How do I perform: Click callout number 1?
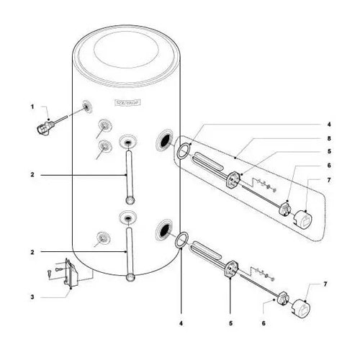point(32,106)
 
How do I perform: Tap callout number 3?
point(32,297)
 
